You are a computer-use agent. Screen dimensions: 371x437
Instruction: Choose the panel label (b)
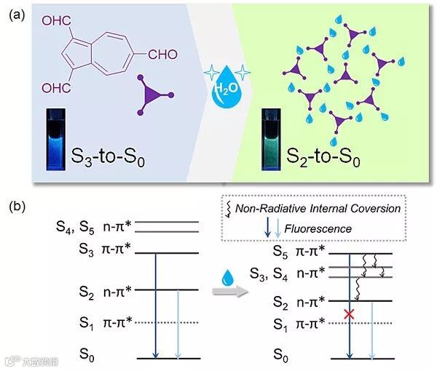[x=20, y=206]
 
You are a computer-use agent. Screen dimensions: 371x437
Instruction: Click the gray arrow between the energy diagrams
[x=224, y=292]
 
